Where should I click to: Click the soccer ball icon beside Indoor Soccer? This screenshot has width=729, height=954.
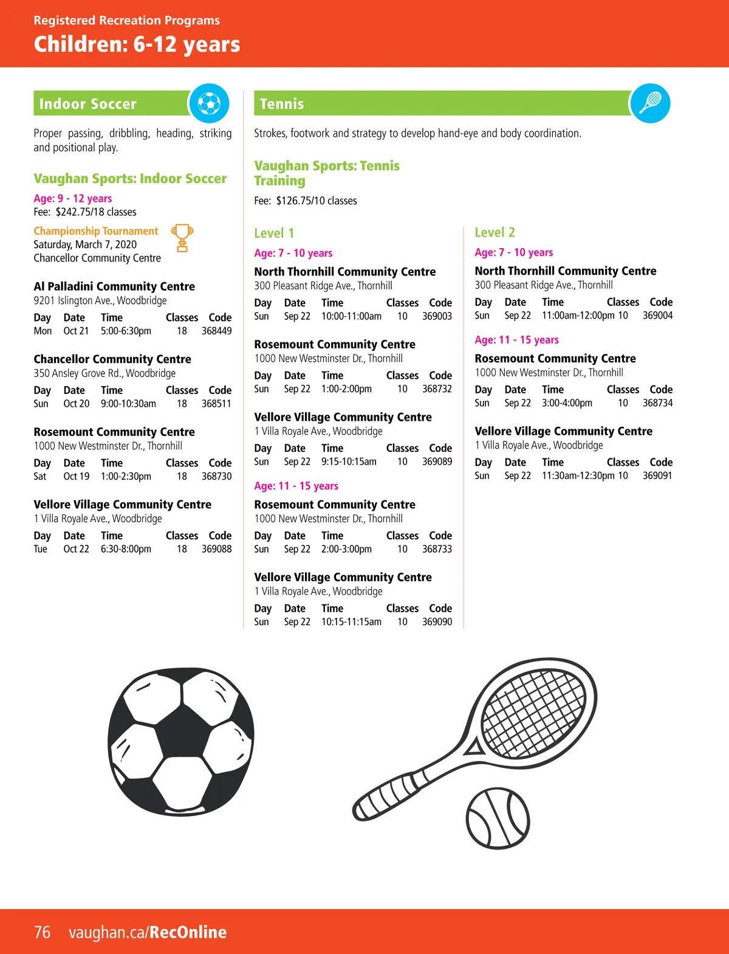point(209,103)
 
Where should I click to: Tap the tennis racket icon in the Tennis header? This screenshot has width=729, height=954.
point(650,103)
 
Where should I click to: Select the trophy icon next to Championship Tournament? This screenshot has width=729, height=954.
point(182,238)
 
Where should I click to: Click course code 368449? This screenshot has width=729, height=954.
point(216,331)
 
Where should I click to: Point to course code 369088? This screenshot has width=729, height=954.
point(216,549)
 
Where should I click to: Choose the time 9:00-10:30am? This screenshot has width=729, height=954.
point(128,404)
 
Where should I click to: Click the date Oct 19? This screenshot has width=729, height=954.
point(76,476)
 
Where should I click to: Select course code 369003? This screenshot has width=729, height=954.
point(437,316)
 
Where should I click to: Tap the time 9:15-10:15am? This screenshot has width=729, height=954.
point(349,461)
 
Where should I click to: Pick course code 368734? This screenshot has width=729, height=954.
point(657,403)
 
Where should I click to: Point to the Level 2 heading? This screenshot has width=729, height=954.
point(495,232)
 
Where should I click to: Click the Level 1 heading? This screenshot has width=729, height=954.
point(274,233)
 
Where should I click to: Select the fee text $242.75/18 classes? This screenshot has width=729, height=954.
point(96,212)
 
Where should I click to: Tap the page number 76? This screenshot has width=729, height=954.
point(42,932)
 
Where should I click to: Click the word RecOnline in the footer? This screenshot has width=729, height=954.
point(188,932)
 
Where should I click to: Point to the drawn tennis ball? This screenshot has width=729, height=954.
point(498,818)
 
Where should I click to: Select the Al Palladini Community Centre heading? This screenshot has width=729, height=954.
point(114,286)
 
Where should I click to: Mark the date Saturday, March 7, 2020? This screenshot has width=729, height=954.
point(85,244)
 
